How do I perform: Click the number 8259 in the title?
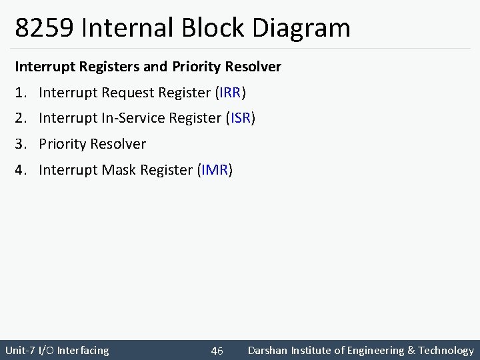(43, 28)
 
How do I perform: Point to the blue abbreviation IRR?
(233, 93)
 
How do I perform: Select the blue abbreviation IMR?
(215, 170)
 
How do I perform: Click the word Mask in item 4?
(118, 170)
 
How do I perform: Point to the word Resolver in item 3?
(118, 144)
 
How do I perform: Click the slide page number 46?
(217, 351)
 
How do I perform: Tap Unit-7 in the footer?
(21, 350)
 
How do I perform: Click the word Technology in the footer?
(446, 350)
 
